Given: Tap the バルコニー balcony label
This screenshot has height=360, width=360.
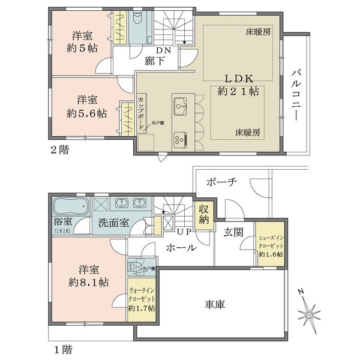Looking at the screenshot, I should coord(296,95).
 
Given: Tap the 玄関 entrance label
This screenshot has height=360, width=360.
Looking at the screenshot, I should coord(234,232).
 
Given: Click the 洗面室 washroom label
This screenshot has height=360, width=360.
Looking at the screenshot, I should coord(113,223).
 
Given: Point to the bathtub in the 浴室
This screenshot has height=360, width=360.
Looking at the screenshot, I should coord(70,208).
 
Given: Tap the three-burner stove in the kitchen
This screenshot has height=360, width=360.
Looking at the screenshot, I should coord(180,139).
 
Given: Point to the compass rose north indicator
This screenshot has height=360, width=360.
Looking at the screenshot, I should coord(309,313).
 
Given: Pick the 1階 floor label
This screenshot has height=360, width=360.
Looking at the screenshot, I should coord(60,348).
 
